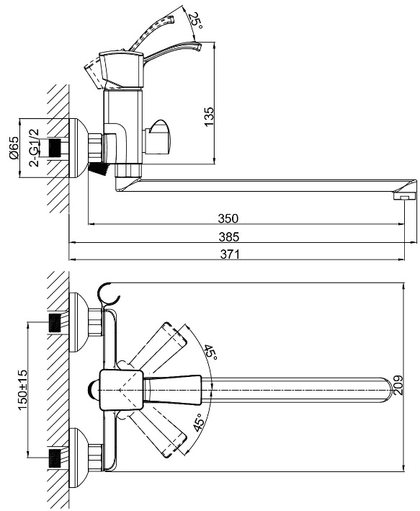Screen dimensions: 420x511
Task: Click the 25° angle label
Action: (196, 20)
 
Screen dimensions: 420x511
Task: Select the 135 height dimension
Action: (208, 117)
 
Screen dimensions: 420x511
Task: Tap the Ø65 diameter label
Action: (14, 148)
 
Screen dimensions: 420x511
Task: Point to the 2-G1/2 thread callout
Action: (34, 148)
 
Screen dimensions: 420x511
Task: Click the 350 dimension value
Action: (228, 218)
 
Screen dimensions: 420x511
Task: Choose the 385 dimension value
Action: (229, 236)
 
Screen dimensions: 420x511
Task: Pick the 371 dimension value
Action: (230, 254)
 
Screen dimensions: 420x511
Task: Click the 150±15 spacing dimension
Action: (22, 390)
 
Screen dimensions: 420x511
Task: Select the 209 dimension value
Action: (398, 385)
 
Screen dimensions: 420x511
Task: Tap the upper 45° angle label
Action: (211, 352)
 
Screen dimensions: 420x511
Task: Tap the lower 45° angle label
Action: (200, 422)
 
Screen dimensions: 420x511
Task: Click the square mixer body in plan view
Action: (121, 390)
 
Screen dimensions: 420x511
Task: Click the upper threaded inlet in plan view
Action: (55, 322)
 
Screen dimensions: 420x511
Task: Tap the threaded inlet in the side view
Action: (55, 148)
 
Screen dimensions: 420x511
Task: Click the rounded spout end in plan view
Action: (387, 390)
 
